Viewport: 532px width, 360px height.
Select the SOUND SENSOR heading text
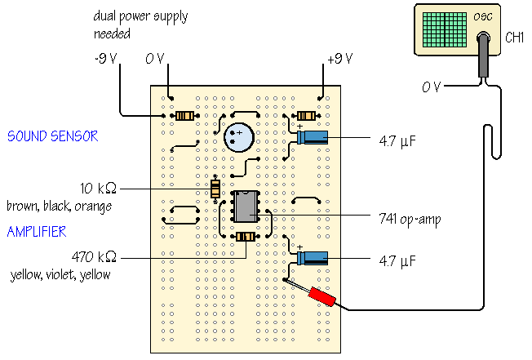coord(52,136)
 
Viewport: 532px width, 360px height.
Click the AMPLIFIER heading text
coord(37,233)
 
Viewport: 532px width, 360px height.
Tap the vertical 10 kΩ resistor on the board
coord(215,189)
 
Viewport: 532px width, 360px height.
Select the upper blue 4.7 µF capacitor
coord(313,137)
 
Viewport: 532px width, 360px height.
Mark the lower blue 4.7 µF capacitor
coord(313,258)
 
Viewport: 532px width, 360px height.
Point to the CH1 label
coord(514,38)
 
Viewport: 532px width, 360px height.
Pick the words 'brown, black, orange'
coord(59,207)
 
